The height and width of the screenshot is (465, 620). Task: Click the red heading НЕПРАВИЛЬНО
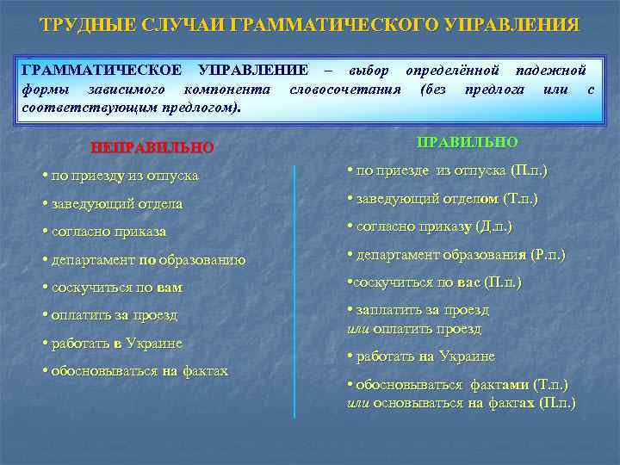[x=152, y=147]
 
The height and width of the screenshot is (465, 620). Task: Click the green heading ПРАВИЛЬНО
[x=467, y=141]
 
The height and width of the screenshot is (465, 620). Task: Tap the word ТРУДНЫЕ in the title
[x=78, y=24]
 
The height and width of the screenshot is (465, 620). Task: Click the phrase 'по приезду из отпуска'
[x=124, y=175]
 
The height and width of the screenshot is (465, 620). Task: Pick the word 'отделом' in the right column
[x=473, y=199]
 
